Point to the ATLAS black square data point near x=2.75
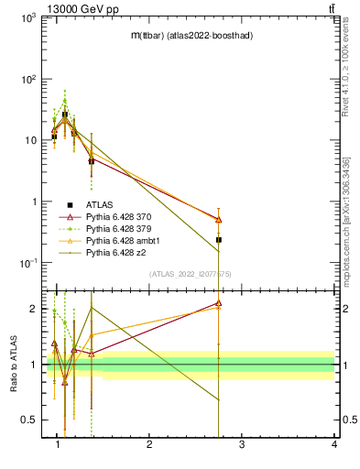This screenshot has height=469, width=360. pos(219,239)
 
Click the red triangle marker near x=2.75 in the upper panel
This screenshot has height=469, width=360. pos(219,219)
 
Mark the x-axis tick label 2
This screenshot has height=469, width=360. pos(149,444)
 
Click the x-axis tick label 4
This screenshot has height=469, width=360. pos(333,444)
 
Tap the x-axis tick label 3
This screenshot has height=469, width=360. pos(242,444)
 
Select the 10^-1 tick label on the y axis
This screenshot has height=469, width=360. pos(29,263)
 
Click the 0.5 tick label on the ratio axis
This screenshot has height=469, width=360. pos(30,420)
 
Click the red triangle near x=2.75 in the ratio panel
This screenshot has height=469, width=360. pos(219,302)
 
